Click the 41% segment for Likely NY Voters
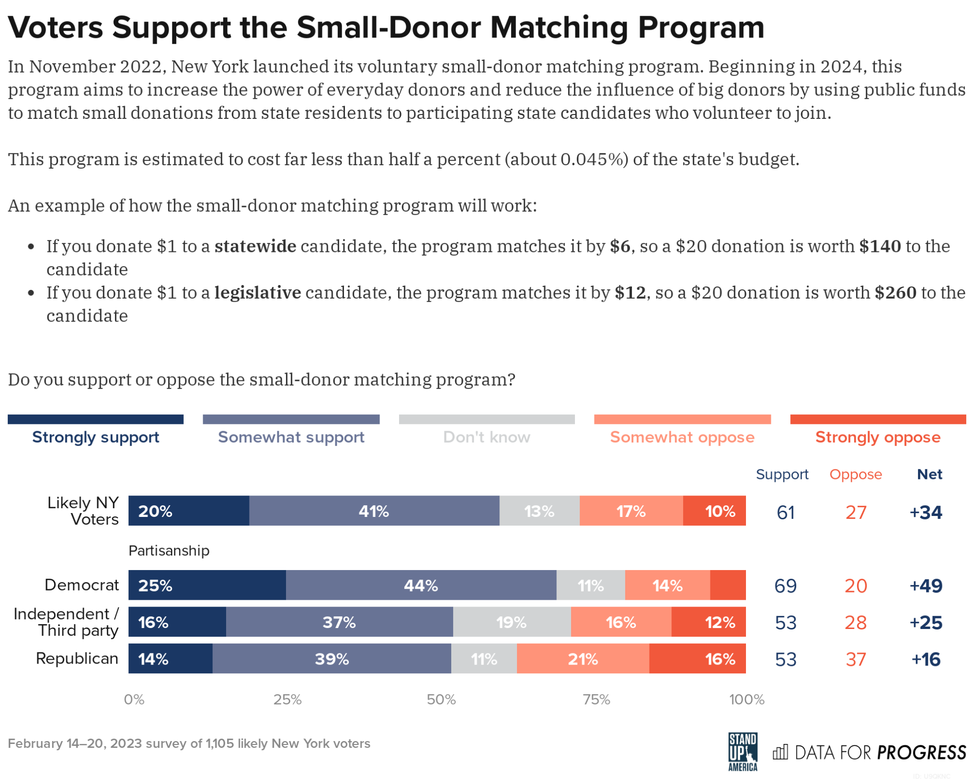[374, 511]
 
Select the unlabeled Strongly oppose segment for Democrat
[727, 585]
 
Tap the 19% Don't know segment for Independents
[511, 622]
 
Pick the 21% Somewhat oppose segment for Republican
[582, 659]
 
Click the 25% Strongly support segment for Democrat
[207, 585]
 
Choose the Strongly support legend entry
[95, 437]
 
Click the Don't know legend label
[486, 437]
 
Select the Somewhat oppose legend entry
[682, 437]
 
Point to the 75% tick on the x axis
[596, 700]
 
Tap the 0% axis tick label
[134, 700]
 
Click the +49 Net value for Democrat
[925, 585]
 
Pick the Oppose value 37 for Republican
[856, 659]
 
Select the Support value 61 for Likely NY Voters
[785, 512]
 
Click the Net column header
[929, 474]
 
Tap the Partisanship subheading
[169, 551]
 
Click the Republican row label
[77, 658]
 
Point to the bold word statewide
[255, 246]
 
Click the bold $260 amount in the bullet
[895, 292]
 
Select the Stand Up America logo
[743, 752]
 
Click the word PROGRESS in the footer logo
[921, 753]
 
